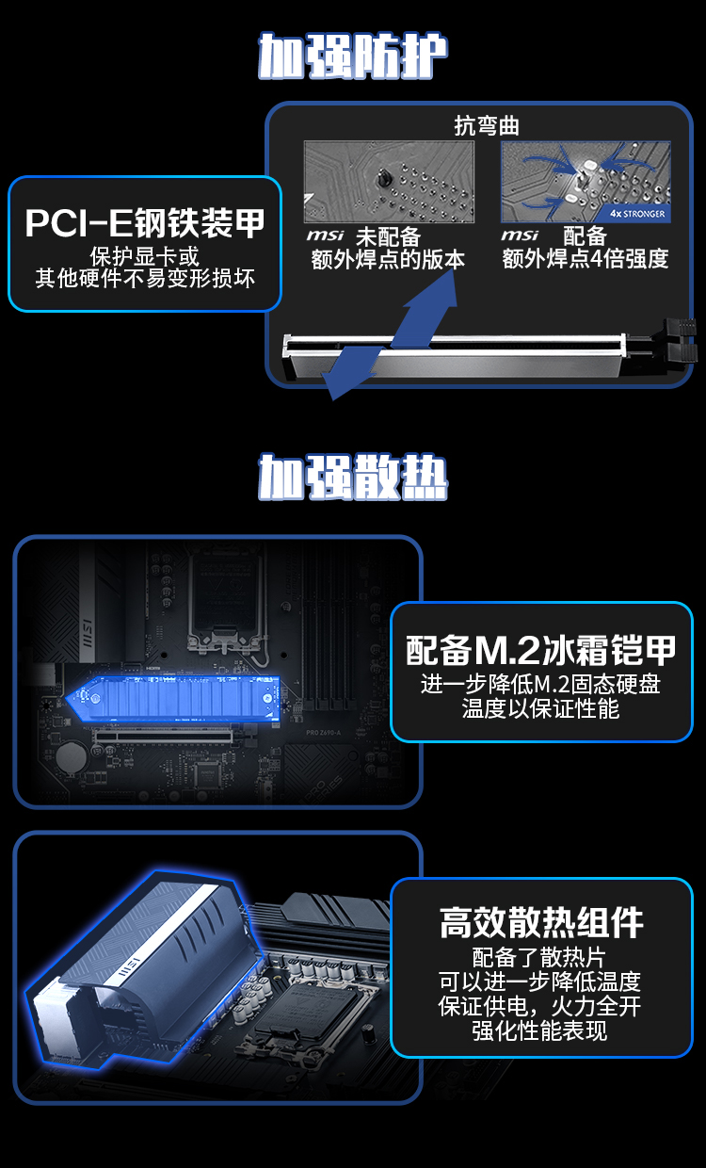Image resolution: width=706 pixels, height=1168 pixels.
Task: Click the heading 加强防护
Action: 353,56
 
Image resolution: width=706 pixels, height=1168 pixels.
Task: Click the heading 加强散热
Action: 353,477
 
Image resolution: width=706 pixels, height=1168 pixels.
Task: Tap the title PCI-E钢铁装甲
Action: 145,223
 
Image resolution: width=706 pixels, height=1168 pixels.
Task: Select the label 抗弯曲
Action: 486,126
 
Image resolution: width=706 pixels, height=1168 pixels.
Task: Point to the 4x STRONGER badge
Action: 637,214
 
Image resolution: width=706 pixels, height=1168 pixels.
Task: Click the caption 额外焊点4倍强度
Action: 586,259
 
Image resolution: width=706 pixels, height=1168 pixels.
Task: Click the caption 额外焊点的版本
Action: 388,260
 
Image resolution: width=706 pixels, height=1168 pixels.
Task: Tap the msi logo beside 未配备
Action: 325,235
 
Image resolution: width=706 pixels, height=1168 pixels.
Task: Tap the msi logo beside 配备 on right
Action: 520,235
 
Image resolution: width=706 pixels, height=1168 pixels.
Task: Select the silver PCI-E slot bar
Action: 454,356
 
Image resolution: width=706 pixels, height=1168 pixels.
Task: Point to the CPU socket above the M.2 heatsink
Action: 225,594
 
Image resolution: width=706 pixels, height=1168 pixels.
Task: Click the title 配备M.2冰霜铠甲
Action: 541,651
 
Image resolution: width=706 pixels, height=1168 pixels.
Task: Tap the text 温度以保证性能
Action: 540,708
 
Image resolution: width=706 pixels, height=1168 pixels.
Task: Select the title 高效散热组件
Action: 541,922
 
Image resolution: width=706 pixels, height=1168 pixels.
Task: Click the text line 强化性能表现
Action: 539,1031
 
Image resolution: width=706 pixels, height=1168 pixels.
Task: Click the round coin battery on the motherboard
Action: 72,757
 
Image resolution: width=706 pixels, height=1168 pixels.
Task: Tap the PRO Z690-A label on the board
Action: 323,733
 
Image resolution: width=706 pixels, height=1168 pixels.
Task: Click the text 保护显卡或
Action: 144,256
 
